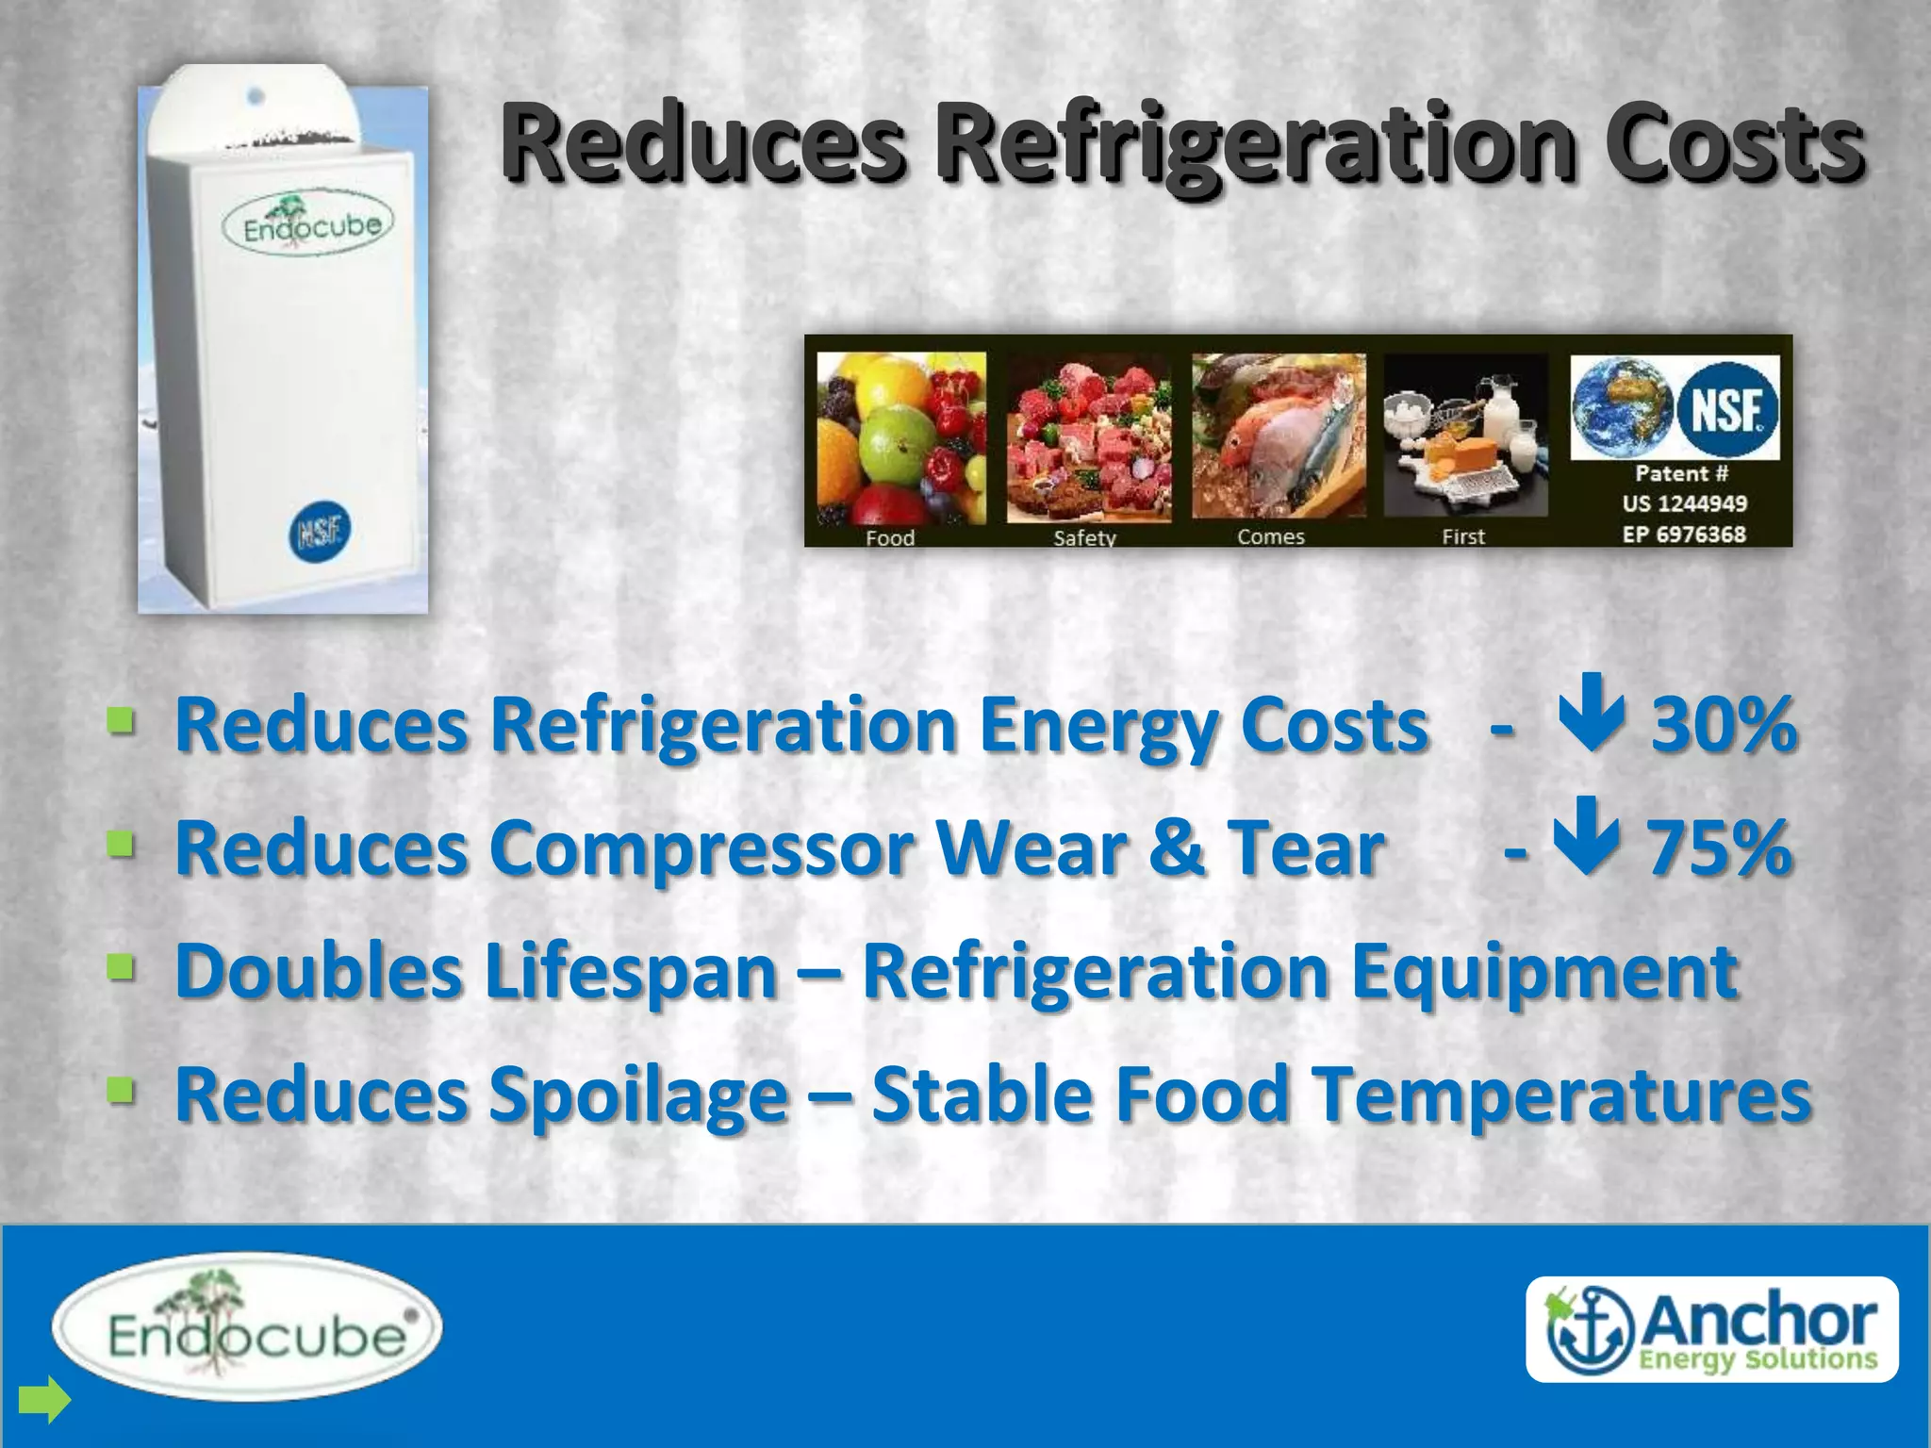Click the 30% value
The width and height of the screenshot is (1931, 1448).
tap(1724, 725)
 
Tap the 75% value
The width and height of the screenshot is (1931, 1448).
tap(1719, 847)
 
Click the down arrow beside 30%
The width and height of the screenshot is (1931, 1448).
tap(1592, 713)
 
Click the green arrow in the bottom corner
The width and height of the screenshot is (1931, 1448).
tap(44, 1399)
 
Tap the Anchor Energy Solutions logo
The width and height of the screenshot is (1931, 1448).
tap(1711, 1329)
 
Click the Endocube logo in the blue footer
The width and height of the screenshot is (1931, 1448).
tap(247, 1327)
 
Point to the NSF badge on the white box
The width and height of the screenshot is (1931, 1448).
tap(319, 532)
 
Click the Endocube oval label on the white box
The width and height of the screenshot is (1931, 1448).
tap(307, 227)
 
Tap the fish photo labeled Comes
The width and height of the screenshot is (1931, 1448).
tap(1279, 436)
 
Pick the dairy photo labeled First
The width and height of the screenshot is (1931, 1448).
tap(1465, 436)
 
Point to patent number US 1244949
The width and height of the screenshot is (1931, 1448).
tap(1684, 503)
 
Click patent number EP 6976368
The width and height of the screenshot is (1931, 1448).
tap(1684, 535)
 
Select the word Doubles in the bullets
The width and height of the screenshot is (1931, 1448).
tap(318, 971)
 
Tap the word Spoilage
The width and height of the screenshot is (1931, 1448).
tap(638, 1094)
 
